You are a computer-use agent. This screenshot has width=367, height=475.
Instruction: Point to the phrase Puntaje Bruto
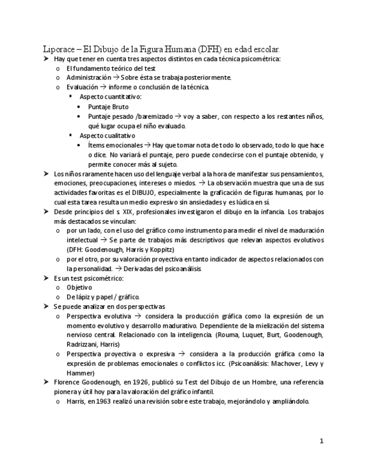(x=108, y=106)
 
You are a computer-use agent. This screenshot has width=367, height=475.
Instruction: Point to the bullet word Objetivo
(x=78, y=287)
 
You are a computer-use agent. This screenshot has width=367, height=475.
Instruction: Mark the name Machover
(x=281, y=364)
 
